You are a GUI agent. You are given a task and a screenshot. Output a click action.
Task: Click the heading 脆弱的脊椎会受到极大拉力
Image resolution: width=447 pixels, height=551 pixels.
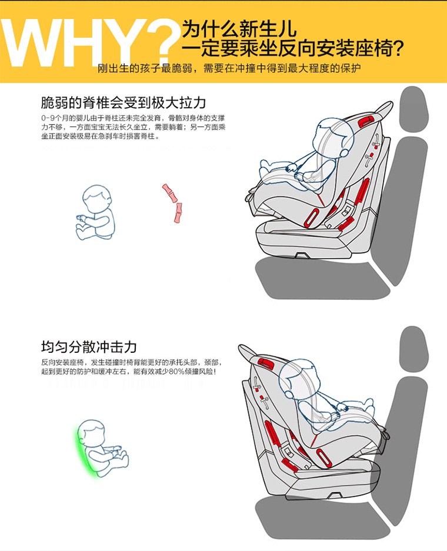click(x=124, y=102)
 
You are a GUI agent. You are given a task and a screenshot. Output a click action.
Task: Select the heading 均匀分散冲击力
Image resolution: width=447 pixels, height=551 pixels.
click(x=89, y=346)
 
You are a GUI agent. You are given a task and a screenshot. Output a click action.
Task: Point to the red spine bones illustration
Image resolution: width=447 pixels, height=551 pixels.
click(x=173, y=203)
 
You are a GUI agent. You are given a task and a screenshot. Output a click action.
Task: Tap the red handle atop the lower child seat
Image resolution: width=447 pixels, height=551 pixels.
click(x=266, y=363)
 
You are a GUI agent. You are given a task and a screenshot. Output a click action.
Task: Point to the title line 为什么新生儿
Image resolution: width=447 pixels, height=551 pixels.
click(x=239, y=28)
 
